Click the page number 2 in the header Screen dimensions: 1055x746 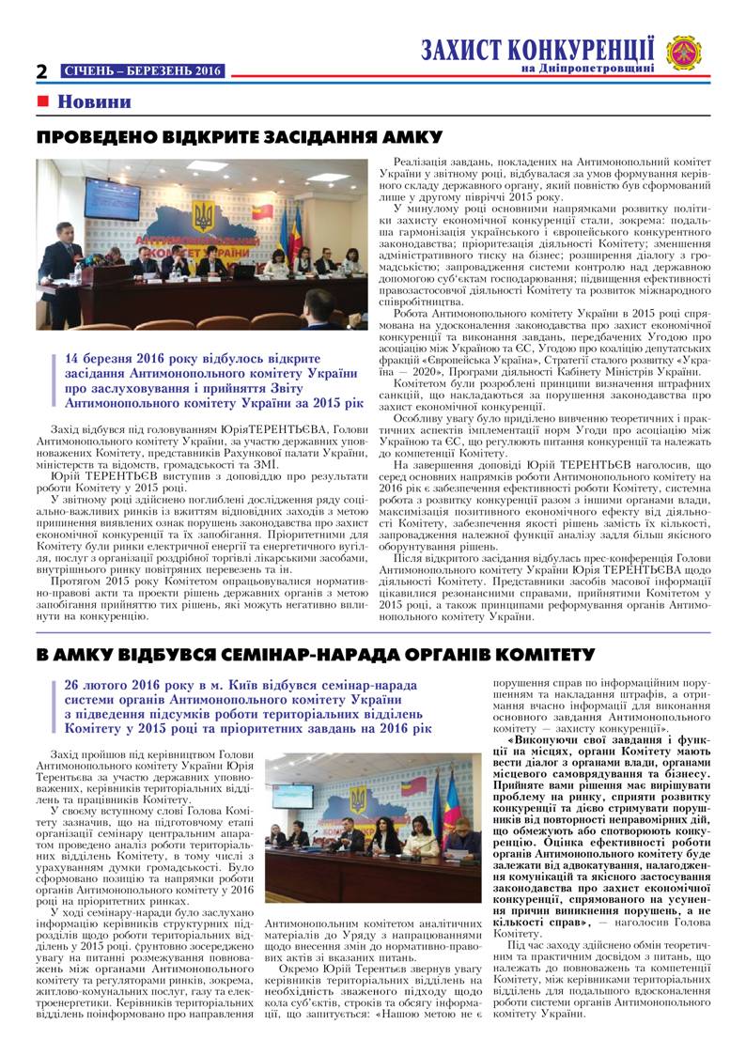point(42,71)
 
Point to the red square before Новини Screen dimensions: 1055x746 point(42,101)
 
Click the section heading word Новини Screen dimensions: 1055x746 point(94,101)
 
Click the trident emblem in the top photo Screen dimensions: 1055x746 point(203,216)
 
